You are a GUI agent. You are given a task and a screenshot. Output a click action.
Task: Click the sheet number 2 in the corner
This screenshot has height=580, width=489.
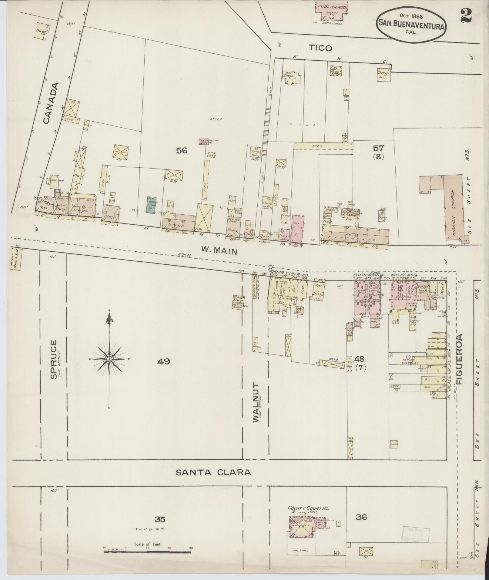(x=466, y=15)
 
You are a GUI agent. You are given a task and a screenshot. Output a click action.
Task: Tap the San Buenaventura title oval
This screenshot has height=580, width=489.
(x=411, y=27)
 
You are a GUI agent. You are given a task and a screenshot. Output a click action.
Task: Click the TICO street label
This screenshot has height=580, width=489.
(x=320, y=48)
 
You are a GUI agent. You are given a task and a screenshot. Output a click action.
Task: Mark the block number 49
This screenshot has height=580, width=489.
(x=164, y=361)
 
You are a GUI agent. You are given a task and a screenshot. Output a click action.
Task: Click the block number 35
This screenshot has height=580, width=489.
(x=160, y=520)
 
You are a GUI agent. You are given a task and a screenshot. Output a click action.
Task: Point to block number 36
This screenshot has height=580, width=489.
(x=362, y=517)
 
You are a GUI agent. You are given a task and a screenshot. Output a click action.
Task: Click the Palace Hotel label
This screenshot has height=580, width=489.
(x=366, y=275)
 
